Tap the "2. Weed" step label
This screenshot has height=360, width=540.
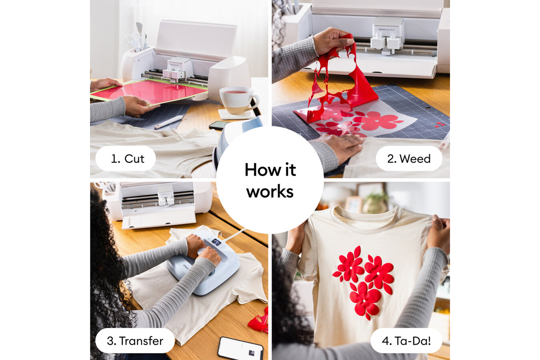coord(409,159)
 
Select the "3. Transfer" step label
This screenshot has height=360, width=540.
coord(135,341)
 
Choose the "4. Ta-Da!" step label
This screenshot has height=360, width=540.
coord(406,341)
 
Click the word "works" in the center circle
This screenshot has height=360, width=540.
coord(270,192)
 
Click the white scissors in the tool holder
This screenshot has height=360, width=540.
coord(133,41)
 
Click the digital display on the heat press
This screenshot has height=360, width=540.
coord(216,242)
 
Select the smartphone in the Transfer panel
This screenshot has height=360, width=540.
coord(240,349)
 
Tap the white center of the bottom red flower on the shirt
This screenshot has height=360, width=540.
coord(364,301)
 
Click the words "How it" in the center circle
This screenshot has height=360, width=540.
coord(270,170)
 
